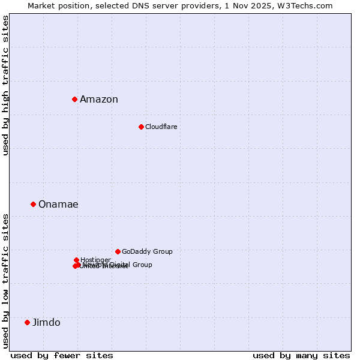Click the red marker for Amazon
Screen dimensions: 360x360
coord(74,99)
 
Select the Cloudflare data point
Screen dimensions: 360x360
coord(141,127)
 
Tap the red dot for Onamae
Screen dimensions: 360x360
coord(33,204)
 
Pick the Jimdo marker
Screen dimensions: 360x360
coord(27,322)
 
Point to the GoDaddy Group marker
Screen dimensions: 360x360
coord(118,251)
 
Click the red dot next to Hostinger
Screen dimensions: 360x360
coord(76,260)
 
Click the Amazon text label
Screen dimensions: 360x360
coord(99,100)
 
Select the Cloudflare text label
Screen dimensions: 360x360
coord(161,127)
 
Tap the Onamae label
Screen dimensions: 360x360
coord(58,205)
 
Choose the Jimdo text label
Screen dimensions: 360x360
coord(46,323)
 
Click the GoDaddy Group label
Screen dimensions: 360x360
coord(147,251)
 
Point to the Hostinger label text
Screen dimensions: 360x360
coord(95,260)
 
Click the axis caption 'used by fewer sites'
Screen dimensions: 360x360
coord(62,355)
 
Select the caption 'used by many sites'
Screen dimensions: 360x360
coord(301,355)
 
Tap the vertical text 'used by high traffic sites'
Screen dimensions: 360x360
coord(5,85)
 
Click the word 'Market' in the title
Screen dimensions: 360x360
coord(42,5)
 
